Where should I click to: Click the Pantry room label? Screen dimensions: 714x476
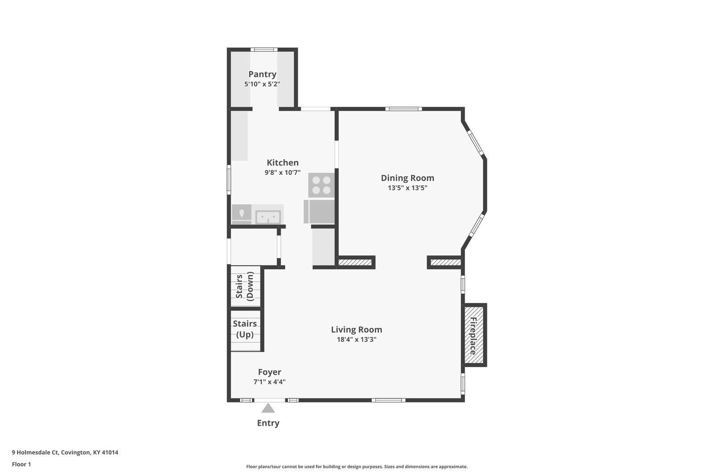[262, 74]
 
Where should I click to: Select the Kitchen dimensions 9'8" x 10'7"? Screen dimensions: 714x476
[283, 172]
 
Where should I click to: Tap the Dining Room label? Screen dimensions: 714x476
[407, 178]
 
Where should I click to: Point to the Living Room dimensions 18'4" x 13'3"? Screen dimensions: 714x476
[357, 339]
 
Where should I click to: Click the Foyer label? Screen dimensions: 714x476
[270, 372]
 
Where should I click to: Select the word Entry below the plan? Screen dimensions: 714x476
[268, 423]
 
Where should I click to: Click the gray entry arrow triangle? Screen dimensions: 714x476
[268, 408]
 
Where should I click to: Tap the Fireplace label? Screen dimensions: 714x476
[473, 336]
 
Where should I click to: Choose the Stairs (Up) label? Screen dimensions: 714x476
[245, 329]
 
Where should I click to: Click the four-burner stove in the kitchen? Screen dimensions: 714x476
[321, 185]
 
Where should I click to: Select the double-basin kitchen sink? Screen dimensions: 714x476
[268, 217]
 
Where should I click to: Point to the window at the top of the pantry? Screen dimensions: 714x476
[264, 50]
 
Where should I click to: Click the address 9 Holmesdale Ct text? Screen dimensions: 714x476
[35, 452]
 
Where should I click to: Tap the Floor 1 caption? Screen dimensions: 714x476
[21, 464]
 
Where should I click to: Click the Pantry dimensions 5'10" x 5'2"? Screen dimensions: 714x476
[262, 84]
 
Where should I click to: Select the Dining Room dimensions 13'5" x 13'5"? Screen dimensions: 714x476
[407, 188]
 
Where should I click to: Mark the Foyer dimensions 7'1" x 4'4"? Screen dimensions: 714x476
[270, 382]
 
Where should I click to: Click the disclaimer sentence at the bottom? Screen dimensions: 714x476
[357, 467]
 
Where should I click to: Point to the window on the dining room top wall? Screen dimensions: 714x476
[403, 109]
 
